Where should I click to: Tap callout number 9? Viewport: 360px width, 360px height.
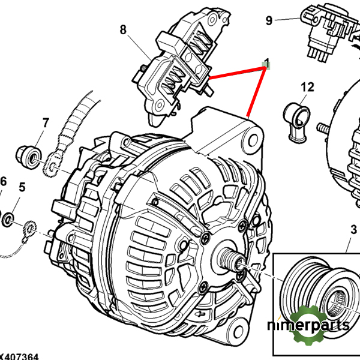(269, 21)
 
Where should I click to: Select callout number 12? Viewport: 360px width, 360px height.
(307, 88)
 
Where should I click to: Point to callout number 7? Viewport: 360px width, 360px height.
(45, 124)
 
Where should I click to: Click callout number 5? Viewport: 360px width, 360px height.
(22, 187)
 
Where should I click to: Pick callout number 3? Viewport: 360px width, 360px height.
(354, 230)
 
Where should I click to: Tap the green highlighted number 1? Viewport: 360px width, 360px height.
(267, 63)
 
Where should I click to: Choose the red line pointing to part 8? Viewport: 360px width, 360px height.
(237, 73)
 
